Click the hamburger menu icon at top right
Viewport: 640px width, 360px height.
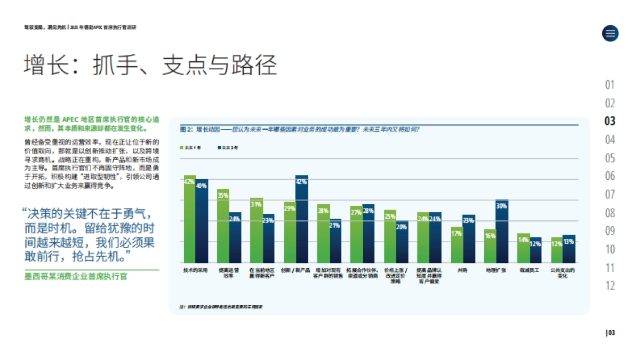click(610, 33)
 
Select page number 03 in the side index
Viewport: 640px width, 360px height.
click(610, 121)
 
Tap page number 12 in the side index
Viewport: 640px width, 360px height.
click(610, 286)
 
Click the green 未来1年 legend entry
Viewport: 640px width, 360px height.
click(191, 147)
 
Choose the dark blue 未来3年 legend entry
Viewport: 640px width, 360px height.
click(228, 147)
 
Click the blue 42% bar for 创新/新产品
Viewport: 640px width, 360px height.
click(302, 219)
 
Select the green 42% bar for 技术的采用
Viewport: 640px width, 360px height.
click(189, 219)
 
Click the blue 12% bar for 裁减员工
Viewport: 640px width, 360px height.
click(535, 250)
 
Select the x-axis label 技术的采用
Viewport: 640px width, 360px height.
click(195, 271)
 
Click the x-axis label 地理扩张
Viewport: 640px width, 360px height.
click(495, 271)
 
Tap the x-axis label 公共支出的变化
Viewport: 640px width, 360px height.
click(562, 274)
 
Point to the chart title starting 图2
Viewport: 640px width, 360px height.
click(300, 129)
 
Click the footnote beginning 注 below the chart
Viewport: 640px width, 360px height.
click(221, 307)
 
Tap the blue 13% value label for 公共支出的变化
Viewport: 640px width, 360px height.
click(569, 242)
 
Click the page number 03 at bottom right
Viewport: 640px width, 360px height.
click(611, 333)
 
